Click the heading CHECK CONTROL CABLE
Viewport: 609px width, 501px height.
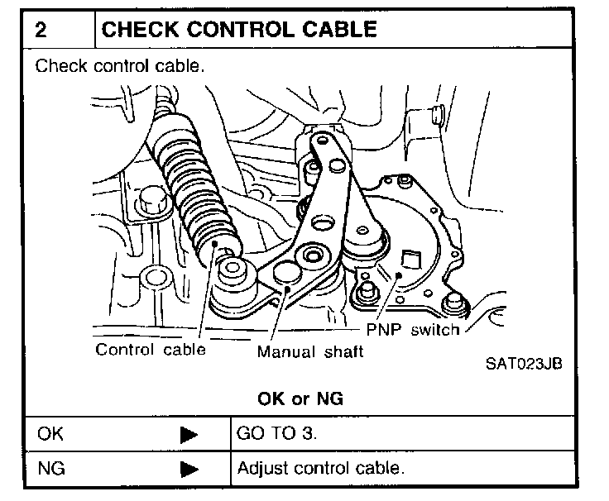[x=238, y=30]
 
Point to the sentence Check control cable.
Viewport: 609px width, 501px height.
[x=119, y=66]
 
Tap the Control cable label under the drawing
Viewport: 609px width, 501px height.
[x=150, y=349]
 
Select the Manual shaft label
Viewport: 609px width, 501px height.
[x=310, y=351]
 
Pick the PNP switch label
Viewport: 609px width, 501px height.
[x=413, y=330]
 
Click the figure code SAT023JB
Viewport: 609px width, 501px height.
[x=524, y=365]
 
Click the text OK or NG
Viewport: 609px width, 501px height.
[x=300, y=398]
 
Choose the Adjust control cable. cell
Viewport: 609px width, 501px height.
[x=321, y=469]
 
